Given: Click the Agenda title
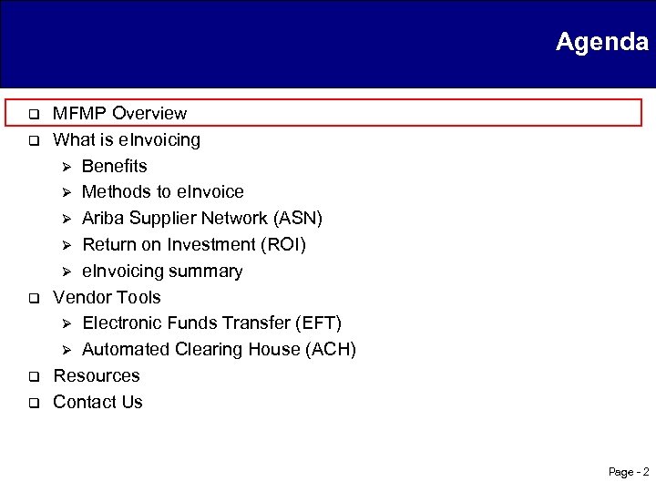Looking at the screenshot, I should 601,42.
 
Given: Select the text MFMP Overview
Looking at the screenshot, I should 119,114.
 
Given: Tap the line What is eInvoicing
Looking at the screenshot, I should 127,140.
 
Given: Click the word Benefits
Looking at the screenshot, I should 114,167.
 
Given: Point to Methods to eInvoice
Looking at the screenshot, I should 162,192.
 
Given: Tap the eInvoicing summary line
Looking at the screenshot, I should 162,272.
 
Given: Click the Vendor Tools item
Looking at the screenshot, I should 107,298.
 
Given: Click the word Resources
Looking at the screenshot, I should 97,376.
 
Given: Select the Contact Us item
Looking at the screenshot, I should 97,403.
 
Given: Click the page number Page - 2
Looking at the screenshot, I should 629,472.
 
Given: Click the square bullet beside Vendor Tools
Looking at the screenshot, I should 30,299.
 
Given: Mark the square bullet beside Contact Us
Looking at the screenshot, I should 30,404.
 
